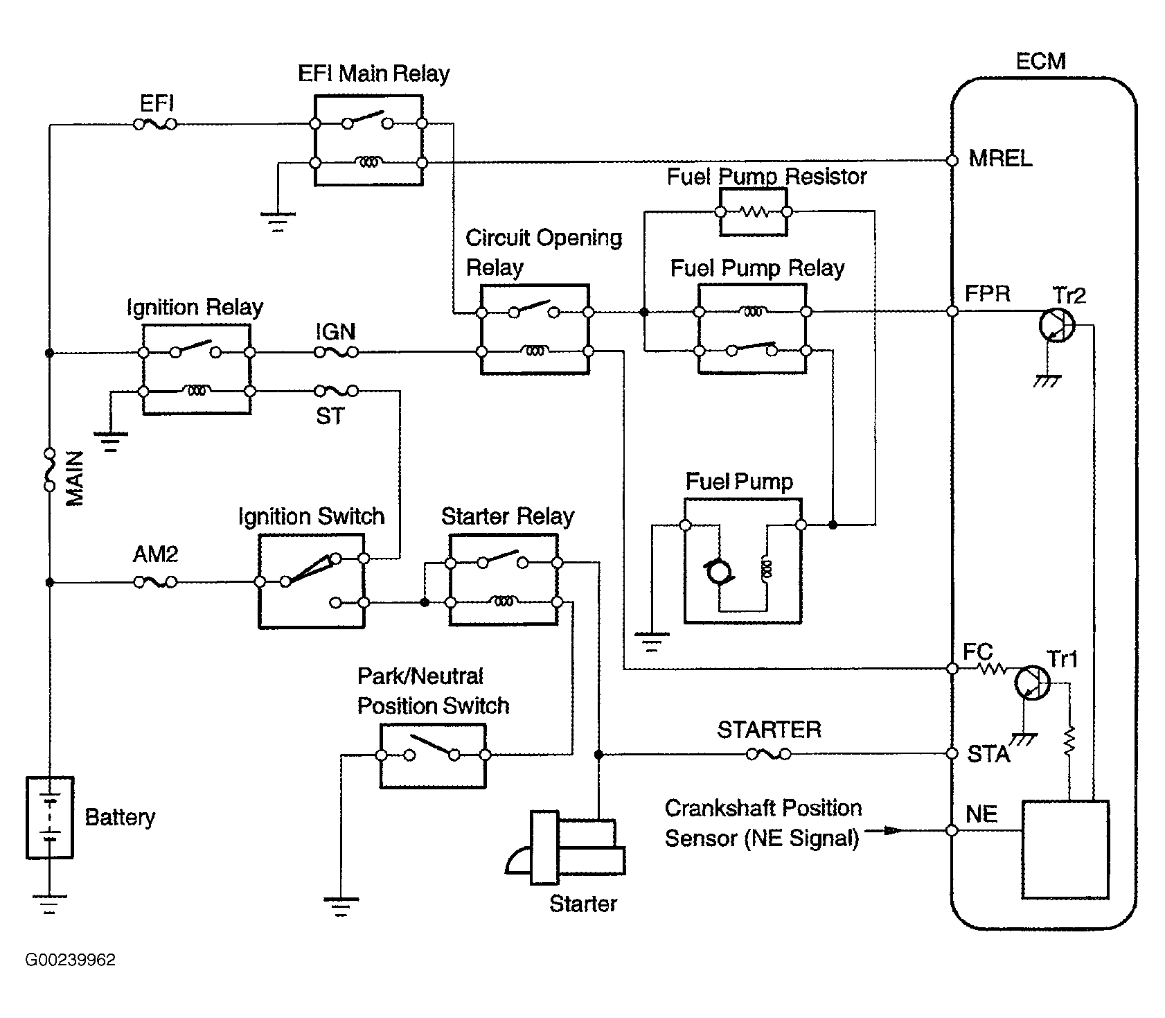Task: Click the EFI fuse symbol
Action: click(154, 124)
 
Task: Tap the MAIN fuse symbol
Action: click(49, 470)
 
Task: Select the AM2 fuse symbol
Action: click(154, 583)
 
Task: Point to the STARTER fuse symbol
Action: click(769, 754)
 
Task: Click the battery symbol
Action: click(49, 818)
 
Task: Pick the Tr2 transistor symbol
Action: click(1057, 324)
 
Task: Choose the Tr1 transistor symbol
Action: click(1032, 683)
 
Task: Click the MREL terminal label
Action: click(1000, 159)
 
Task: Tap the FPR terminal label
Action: click(987, 294)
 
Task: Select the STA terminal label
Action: click(988, 754)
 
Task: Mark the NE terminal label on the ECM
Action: click(981, 814)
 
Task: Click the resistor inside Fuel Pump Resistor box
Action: click(753, 211)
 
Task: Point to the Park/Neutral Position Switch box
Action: click(433, 756)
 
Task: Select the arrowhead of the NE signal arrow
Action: click(893, 830)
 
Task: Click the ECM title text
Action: click(1040, 62)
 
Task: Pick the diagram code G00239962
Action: click(70, 960)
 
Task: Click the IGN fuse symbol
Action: click(337, 353)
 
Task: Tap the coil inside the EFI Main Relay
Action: click(368, 162)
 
